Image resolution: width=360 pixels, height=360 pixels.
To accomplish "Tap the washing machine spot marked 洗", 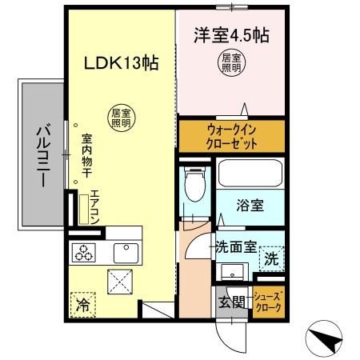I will pyautogui.click(x=271, y=258).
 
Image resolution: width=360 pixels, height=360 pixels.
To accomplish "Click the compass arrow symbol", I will pyautogui.click(x=327, y=339).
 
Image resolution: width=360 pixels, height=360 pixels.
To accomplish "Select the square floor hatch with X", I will pyautogui.click(x=122, y=282).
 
